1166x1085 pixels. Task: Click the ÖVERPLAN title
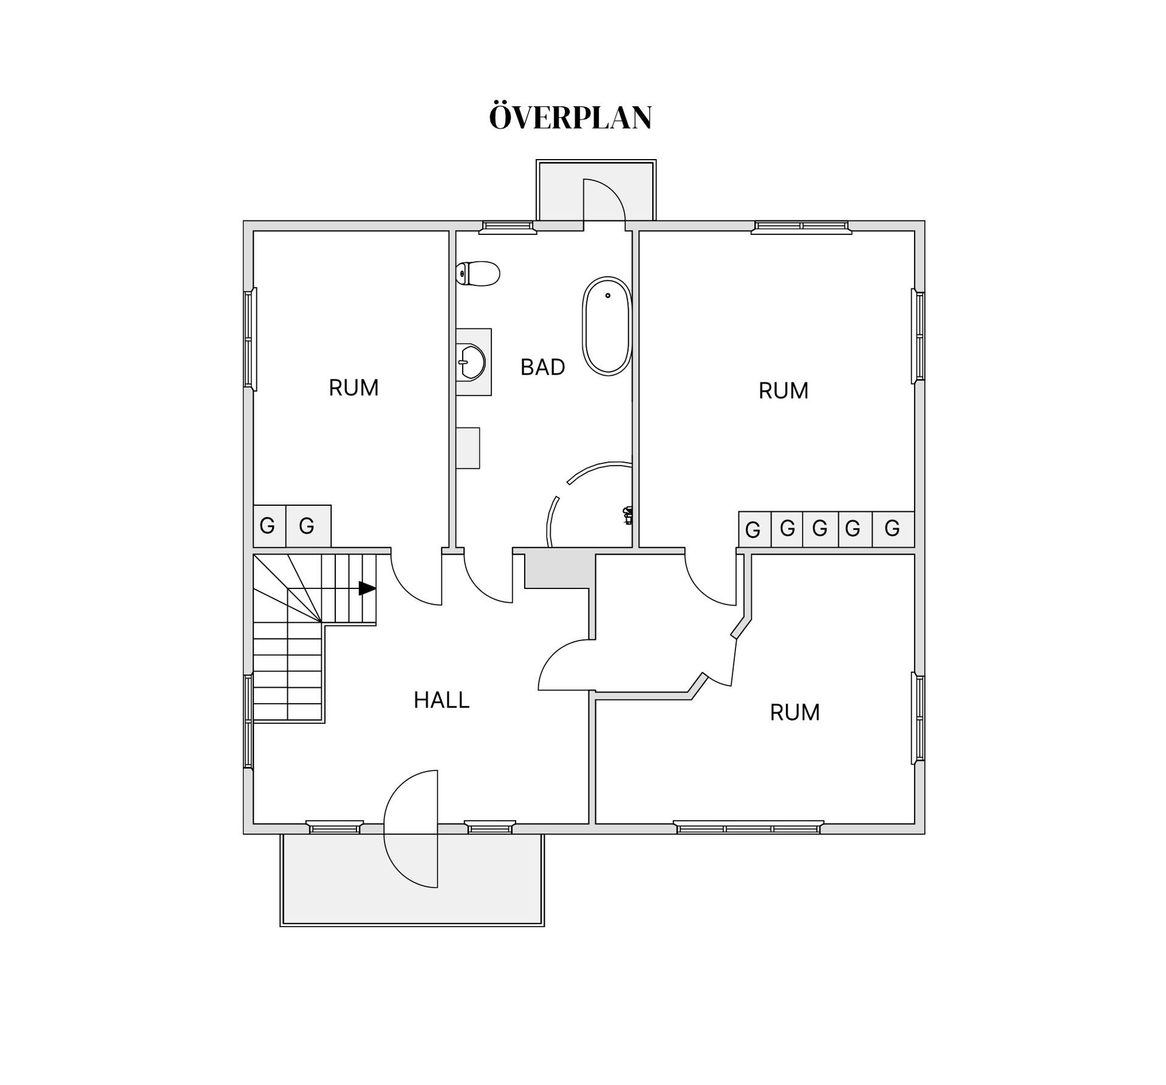pos(570,118)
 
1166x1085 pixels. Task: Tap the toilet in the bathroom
pos(479,274)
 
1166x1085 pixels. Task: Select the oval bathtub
pos(607,325)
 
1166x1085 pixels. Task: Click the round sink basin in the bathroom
pos(471,362)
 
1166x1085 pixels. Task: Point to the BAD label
pos(542,367)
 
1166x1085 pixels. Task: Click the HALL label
pos(442,700)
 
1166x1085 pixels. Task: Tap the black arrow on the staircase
pos(367,588)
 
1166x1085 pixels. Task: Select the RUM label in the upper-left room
pos(353,388)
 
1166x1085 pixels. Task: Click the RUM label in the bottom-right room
pos(794,712)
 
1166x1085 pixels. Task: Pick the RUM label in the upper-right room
pos(783,391)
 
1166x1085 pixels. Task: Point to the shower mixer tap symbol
pos(628,515)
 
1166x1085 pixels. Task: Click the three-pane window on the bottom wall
pos(748,827)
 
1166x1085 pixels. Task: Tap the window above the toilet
pos(508,228)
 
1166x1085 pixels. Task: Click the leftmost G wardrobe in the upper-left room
pos(267,526)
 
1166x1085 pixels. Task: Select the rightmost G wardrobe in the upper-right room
pos(892,529)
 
